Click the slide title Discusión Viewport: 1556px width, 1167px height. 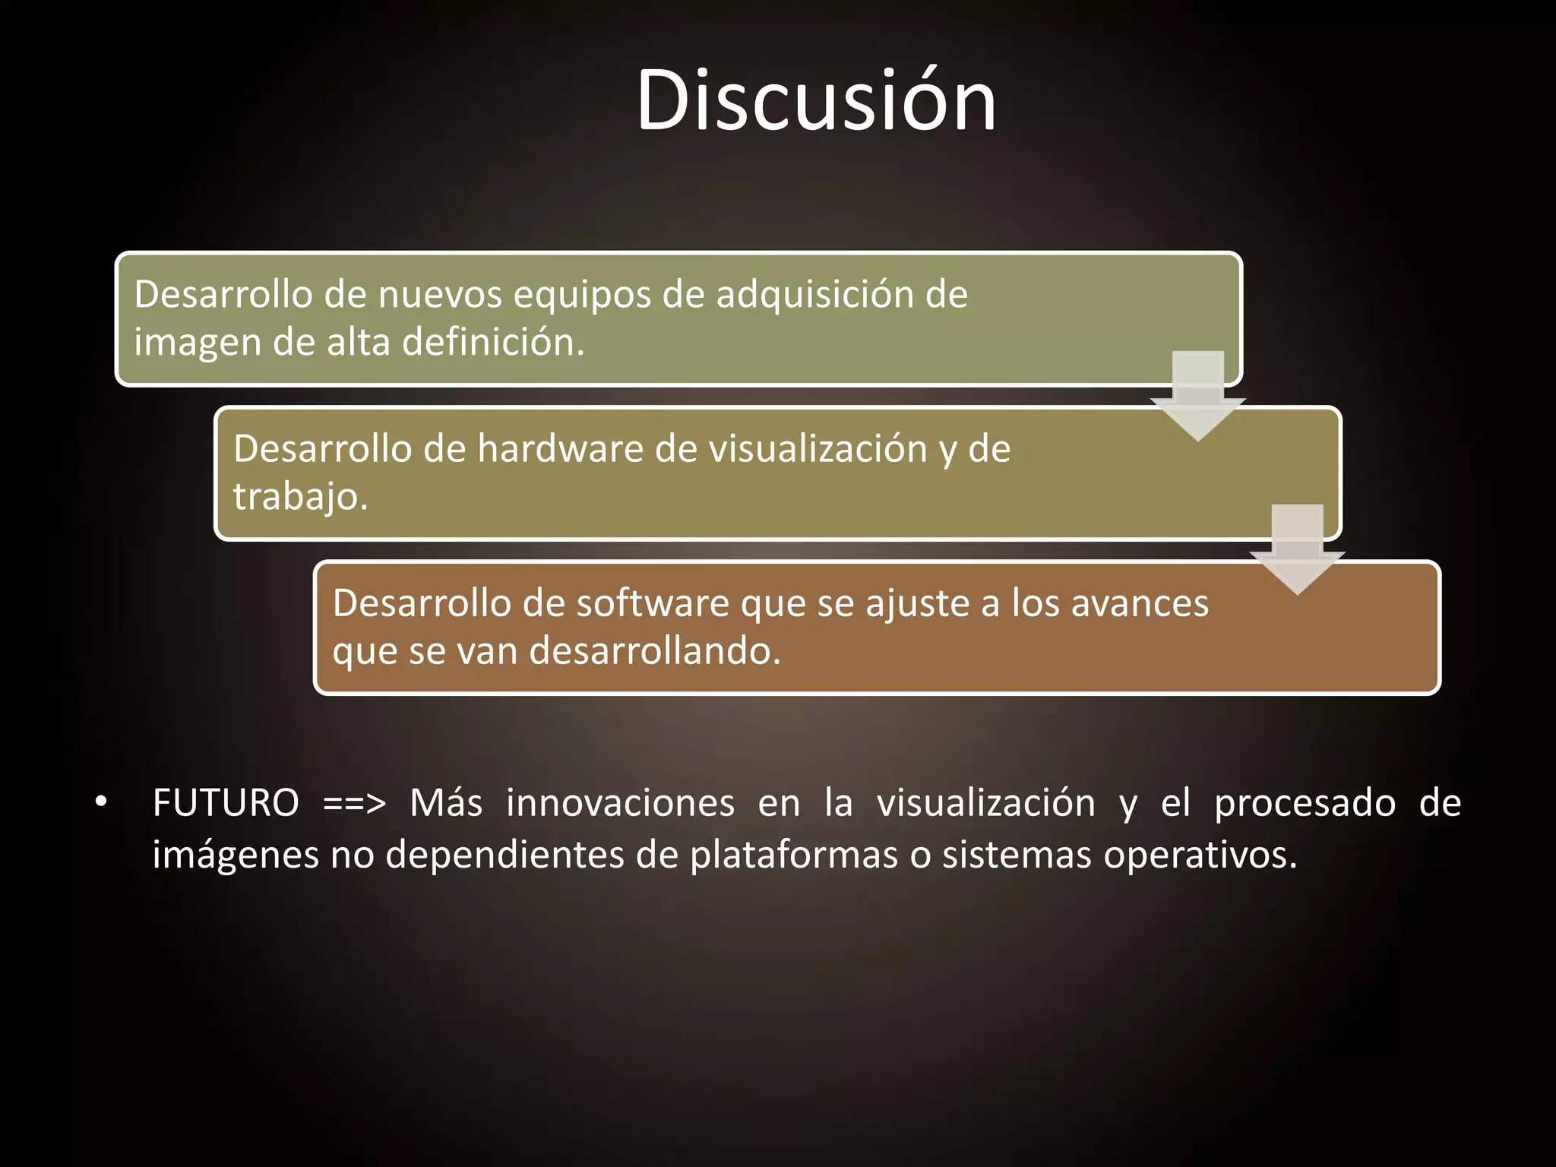(x=816, y=101)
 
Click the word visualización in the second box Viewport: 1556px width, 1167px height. (x=818, y=449)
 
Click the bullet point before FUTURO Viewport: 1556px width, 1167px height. (x=101, y=802)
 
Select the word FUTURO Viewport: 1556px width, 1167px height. (x=226, y=804)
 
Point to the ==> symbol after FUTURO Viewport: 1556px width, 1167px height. (x=354, y=804)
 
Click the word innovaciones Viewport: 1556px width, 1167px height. (x=620, y=804)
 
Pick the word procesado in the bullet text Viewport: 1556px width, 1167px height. (x=1305, y=804)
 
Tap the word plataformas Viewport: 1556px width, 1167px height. (x=794, y=855)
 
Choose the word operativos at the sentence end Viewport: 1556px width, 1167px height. (x=1200, y=855)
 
